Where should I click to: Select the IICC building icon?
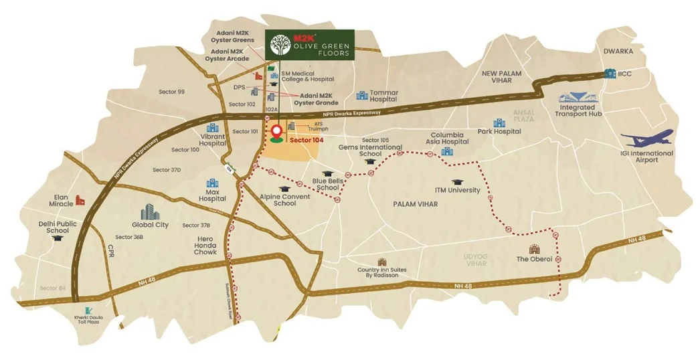click(x=610, y=74)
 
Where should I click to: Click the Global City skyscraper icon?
click(x=151, y=211)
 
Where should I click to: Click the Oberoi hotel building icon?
click(x=534, y=249)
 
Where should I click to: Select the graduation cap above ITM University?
click(x=457, y=181)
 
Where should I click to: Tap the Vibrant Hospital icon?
click(x=213, y=127)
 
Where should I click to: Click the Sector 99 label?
click(x=172, y=92)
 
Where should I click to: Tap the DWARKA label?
click(x=617, y=51)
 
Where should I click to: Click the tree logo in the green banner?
click(x=279, y=46)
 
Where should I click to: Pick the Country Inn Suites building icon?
click(x=382, y=262)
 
